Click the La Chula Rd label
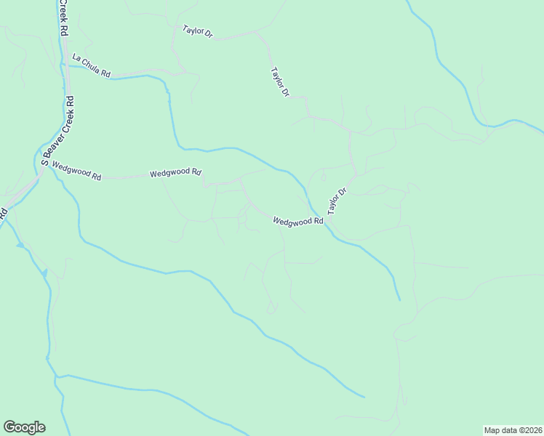[91, 65]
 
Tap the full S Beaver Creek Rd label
[58, 131]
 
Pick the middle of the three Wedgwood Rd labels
[175, 173]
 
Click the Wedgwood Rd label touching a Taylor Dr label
[297, 221]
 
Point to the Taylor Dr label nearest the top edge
[197, 32]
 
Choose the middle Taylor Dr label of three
[280, 82]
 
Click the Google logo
[24, 427]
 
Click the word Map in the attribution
[492, 429]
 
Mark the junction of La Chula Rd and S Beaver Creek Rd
[64, 64]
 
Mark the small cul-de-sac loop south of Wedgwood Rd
[272, 309]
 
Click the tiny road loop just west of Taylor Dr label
[323, 177]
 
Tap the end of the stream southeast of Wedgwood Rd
[399, 299]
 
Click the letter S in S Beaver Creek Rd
[44, 162]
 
